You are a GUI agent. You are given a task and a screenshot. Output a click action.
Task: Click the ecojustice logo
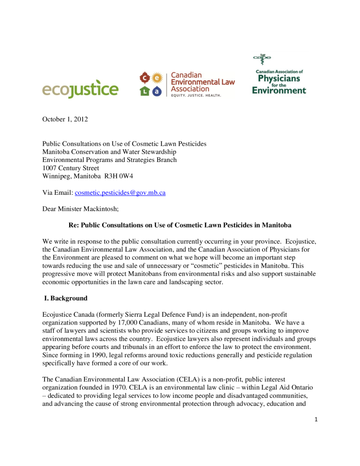point(80,89)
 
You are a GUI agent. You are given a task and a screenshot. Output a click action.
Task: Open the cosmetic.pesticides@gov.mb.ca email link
point(120,193)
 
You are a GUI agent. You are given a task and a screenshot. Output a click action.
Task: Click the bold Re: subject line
point(180,226)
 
